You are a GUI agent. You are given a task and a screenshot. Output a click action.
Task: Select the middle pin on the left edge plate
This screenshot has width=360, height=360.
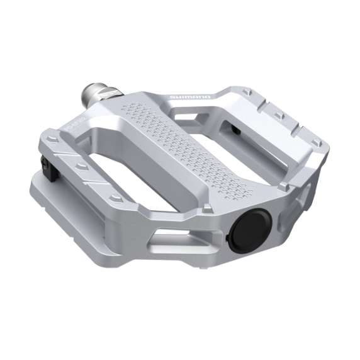[x=81, y=167]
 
